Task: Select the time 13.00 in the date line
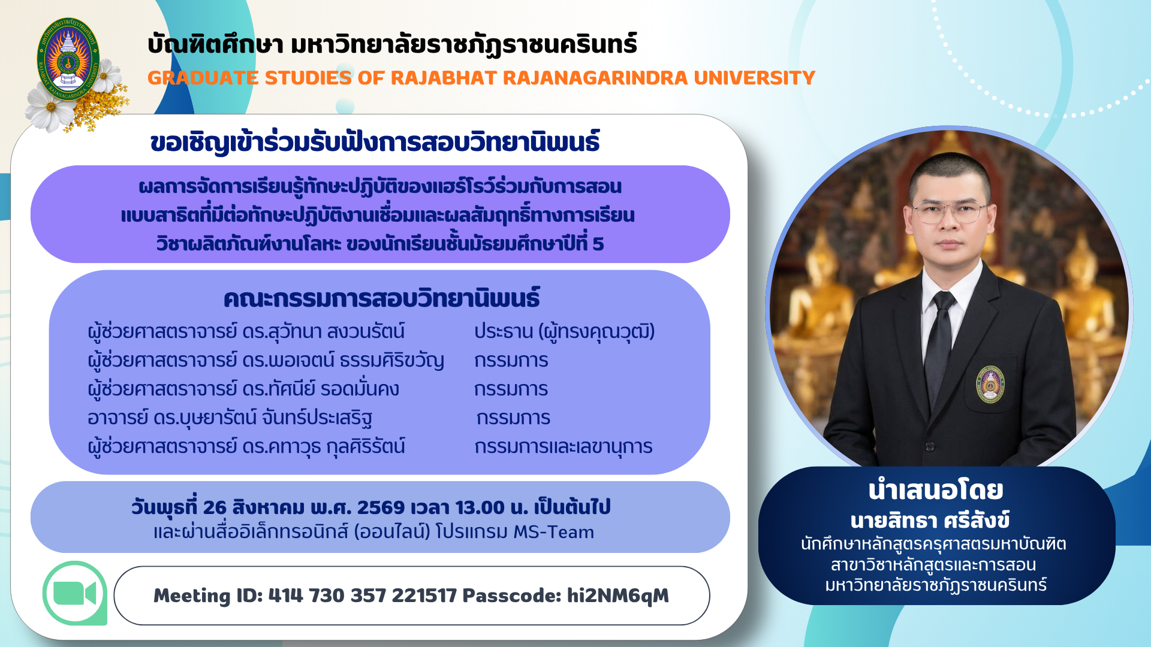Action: tap(480, 507)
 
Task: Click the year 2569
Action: tap(381, 507)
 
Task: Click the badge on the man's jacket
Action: tap(990, 383)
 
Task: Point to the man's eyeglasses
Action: tap(950, 211)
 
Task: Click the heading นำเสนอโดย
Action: tap(936, 491)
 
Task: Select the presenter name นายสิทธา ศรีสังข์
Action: tap(930, 520)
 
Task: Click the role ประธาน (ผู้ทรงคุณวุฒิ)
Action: tap(564, 331)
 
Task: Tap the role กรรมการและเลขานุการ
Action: tap(563, 446)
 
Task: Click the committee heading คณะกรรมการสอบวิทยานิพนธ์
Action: tap(381, 298)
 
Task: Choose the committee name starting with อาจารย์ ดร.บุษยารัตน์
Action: tap(230, 418)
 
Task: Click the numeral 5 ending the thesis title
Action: tap(598, 244)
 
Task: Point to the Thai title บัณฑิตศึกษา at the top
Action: tap(215, 44)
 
